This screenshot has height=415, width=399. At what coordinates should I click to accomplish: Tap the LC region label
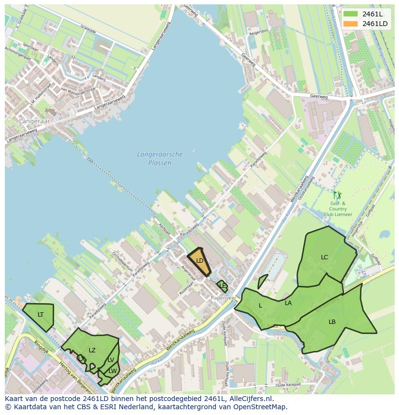click(x=324, y=257)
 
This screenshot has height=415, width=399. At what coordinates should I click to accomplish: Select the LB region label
click(x=332, y=322)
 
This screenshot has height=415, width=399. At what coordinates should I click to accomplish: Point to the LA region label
click(x=288, y=303)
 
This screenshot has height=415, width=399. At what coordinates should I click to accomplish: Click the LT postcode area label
click(x=40, y=315)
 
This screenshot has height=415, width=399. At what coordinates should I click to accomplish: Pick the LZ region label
click(x=92, y=350)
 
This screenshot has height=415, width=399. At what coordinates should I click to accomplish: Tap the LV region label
click(x=111, y=360)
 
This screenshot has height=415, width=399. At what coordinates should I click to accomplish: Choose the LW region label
click(x=113, y=371)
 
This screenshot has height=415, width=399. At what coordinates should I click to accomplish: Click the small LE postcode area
click(x=222, y=286)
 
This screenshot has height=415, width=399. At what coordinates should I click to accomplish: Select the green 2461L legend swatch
click(x=350, y=14)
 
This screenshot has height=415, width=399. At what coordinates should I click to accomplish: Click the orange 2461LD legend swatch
click(x=350, y=24)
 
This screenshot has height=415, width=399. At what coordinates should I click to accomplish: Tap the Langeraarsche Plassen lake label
click(x=160, y=159)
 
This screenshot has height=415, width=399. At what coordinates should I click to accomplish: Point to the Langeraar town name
click(x=34, y=121)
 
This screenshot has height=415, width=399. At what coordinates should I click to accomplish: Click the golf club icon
click(x=337, y=196)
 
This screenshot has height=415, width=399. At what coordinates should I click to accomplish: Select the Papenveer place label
click(x=224, y=298)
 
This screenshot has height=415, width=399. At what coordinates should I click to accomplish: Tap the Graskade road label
click(x=88, y=28)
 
